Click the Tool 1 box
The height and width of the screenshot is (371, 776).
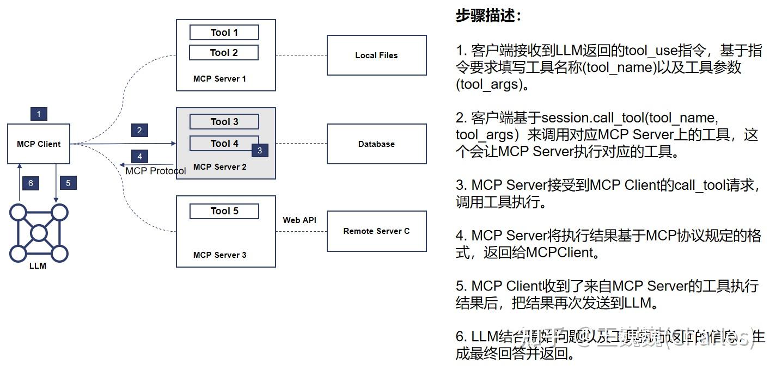pos(224,33)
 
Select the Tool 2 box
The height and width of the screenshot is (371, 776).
pos(224,53)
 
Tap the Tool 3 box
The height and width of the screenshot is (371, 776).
pos(224,122)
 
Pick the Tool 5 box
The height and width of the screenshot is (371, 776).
pos(224,211)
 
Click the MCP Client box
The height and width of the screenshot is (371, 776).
pos(39,144)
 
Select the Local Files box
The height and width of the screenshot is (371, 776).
pos(376,55)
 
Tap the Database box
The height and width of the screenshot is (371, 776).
pos(376,144)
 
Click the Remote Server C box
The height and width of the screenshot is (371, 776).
pos(376,231)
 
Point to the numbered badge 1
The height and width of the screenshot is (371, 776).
pos(39,114)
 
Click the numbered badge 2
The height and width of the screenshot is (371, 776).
pos(139,130)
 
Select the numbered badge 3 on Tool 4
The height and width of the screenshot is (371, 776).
pos(260,150)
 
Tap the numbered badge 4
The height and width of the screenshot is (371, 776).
pos(139,157)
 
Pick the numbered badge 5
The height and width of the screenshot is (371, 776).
pos(68,183)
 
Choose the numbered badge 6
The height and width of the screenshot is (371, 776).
pos(30,183)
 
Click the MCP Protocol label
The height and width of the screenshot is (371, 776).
pos(156,171)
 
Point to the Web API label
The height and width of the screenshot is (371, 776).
pos(300,220)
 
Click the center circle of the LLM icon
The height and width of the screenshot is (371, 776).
pos(39,233)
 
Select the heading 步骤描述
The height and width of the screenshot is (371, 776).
pos(488,16)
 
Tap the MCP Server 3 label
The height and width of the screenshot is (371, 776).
pos(219,255)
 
